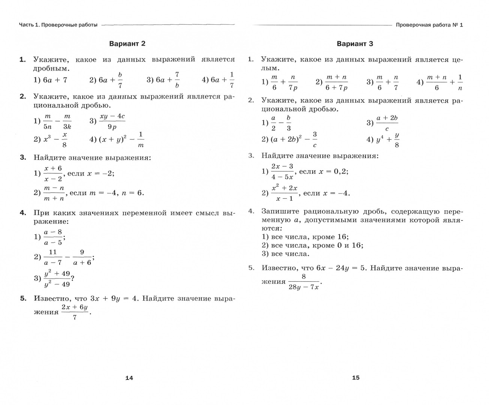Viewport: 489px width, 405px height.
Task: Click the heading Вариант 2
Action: coord(127,43)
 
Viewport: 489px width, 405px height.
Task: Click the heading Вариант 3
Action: coord(355,44)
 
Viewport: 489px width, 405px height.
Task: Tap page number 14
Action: coord(129,378)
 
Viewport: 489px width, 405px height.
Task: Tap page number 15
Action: coord(356,378)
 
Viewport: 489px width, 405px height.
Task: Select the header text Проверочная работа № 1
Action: coord(429,25)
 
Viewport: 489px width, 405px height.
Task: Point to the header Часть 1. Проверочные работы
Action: coord(58,25)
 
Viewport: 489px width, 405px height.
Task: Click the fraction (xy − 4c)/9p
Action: coord(112,121)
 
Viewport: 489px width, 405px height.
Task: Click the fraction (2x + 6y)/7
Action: coord(75,312)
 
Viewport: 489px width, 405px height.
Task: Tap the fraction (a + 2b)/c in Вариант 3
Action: coord(387,123)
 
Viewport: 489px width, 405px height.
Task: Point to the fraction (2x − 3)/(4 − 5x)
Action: coord(282,171)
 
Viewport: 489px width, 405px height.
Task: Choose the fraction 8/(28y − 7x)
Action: coord(304,282)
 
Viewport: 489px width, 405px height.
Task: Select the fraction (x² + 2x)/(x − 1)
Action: coord(284,193)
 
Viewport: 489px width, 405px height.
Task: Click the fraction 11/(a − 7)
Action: coord(53,257)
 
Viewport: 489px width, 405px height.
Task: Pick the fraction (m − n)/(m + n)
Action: coord(54,193)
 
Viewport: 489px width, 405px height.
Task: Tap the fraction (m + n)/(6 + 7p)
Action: coord(336,82)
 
